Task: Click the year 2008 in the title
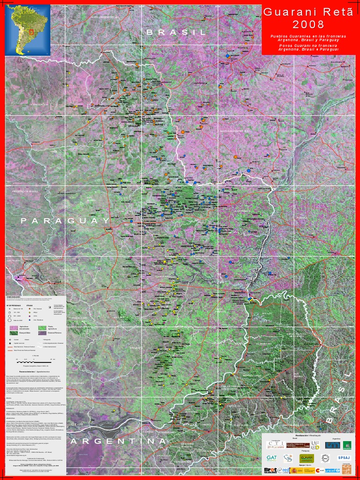pos(308,24)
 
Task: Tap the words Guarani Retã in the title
pos(308,13)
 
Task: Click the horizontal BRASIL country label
pos(176,32)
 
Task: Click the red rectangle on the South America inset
pos(31,33)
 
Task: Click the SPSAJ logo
pos(344,457)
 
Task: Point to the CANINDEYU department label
pos(243,211)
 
